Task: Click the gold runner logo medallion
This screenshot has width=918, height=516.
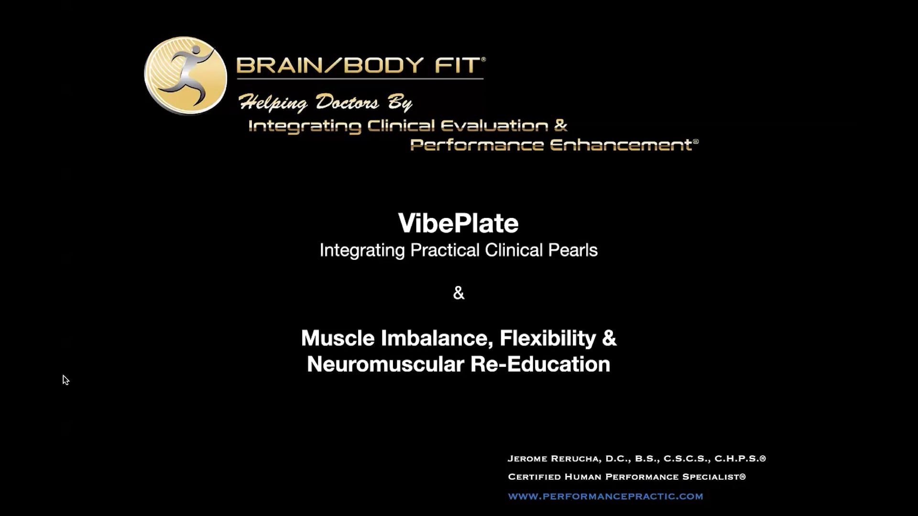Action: coord(186,75)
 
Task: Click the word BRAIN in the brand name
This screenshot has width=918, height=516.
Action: coord(278,65)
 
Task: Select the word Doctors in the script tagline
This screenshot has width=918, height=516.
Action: coord(347,102)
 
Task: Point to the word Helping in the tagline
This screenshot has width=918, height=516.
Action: coord(273,103)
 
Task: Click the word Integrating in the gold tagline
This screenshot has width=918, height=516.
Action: coord(305,127)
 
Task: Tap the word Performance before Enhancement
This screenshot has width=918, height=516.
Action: coord(477,145)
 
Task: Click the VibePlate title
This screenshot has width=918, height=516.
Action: coord(458,223)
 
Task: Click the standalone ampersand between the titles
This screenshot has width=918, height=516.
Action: coord(459,293)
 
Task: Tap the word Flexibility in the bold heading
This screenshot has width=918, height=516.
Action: coord(547,338)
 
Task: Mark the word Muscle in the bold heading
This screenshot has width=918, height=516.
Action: coord(338,338)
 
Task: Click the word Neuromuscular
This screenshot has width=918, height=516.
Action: coord(385,364)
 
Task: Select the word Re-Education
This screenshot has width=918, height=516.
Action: coord(540,364)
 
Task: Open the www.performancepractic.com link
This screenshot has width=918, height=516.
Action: coord(605,496)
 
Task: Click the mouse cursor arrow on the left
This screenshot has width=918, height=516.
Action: coord(66,380)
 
